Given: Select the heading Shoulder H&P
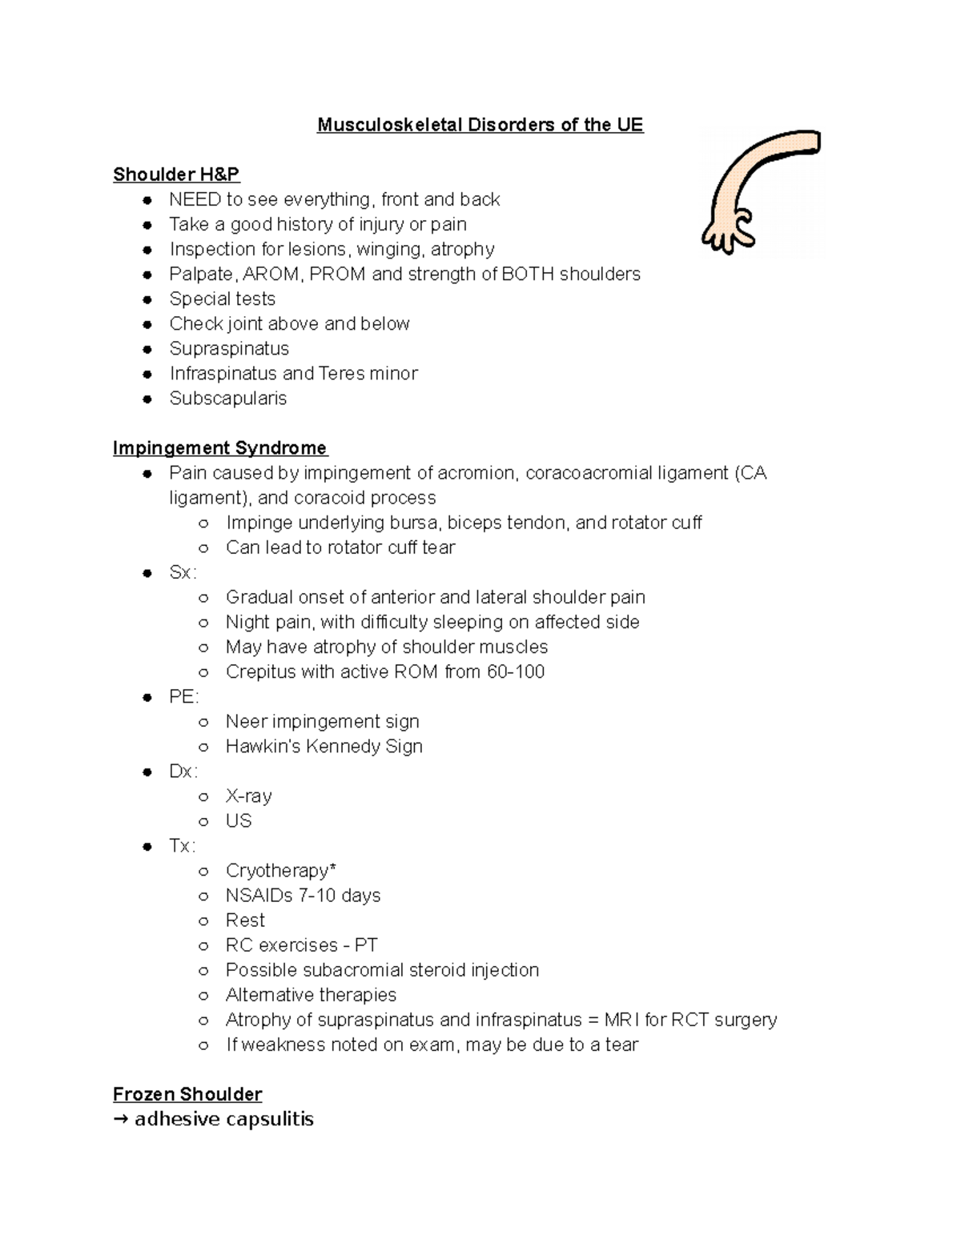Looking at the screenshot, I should tap(176, 174).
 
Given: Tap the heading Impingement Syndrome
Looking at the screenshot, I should tap(219, 448).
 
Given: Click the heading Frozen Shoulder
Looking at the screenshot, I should tap(187, 1094).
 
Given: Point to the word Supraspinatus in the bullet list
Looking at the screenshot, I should tap(229, 349).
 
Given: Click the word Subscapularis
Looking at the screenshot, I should tap(227, 399).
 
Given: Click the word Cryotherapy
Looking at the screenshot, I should tap(277, 870).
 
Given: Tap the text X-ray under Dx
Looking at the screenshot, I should tap(248, 796).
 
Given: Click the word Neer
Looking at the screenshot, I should tap(246, 721).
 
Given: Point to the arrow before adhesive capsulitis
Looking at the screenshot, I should tap(121, 1119).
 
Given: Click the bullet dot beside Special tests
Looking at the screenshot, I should tap(147, 299).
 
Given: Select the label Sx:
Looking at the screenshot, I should tap(183, 572).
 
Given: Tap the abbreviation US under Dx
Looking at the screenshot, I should tap(239, 820).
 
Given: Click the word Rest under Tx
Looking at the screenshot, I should tap(245, 920).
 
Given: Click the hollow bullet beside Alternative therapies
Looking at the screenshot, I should tap(203, 995).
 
